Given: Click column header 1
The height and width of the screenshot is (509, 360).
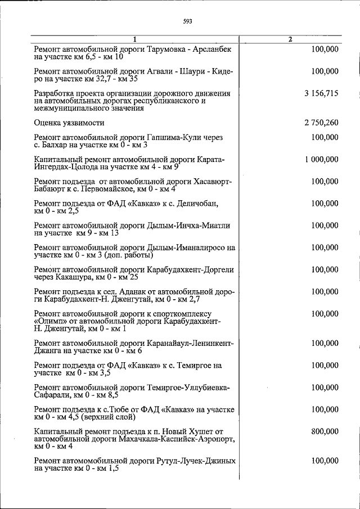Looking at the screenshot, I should click(136, 39).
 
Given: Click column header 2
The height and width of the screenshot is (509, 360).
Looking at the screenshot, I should click(290, 39).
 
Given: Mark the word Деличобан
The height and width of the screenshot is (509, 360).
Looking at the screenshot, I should click(197, 204).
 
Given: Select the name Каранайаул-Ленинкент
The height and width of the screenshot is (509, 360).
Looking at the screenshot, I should click(191, 343).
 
